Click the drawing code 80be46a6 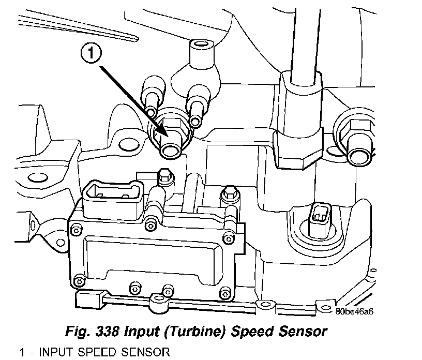pos(354,312)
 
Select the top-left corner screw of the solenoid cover pos(76,230)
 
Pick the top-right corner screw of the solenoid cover pos(228,239)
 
